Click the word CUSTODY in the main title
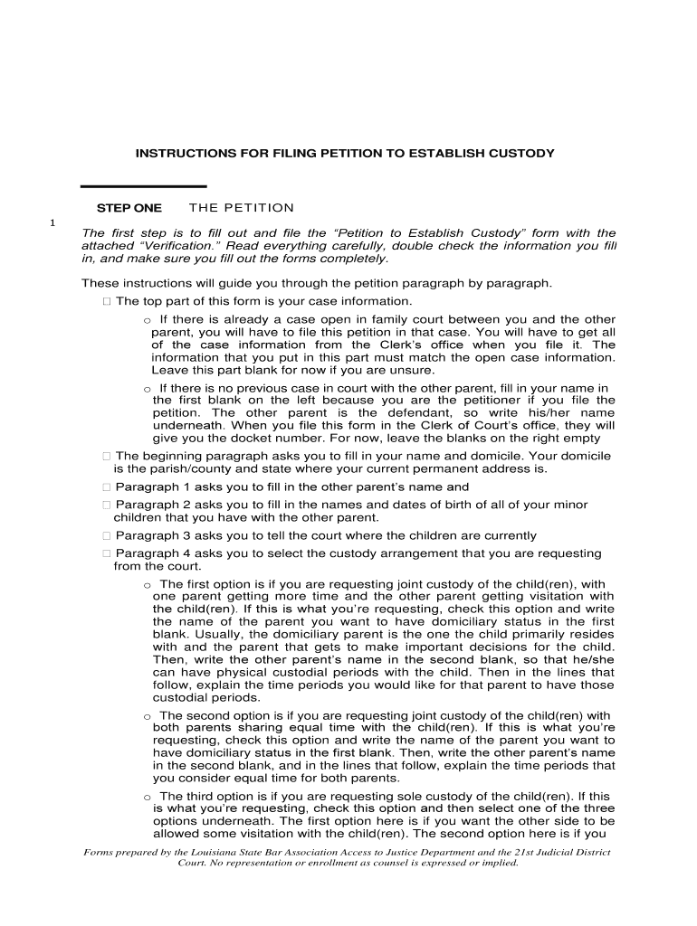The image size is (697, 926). click(519, 154)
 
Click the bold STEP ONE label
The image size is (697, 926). click(129, 208)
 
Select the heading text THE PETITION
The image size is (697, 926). click(242, 208)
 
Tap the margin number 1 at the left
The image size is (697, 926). click(53, 223)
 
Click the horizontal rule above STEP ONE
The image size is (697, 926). click(143, 186)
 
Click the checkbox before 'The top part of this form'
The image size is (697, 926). click(107, 301)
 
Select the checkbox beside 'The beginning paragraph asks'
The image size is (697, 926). click(107, 456)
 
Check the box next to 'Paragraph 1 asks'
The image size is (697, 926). click(107, 487)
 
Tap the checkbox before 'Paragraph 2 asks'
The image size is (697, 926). click(107, 505)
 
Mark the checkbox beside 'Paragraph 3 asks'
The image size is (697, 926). click(107, 535)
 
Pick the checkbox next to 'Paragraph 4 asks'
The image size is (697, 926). click(107, 553)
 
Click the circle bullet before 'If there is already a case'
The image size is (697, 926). click(147, 320)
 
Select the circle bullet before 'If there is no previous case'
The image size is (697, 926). click(147, 389)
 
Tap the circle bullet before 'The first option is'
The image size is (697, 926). click(147, 585)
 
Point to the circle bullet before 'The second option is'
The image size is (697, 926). click(147, 716)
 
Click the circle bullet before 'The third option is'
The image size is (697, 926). click(147, 798)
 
